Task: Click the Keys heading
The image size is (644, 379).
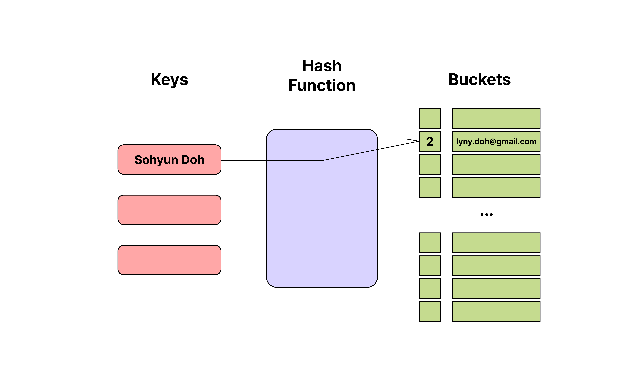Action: click(169, 80)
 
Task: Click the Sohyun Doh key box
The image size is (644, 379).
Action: click(169, 160)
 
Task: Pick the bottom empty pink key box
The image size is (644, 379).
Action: click(169, 260)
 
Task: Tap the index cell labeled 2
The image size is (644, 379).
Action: click(430, 141)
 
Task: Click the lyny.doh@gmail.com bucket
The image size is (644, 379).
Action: click(496, 141)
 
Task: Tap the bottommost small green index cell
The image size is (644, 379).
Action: click(430, 312)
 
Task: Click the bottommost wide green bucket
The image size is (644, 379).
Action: click(496, 312)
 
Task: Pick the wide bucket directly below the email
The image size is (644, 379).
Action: click(496, 164)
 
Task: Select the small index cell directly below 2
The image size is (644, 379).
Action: click(430, 164)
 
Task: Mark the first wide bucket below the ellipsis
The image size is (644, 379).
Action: click(496, 243)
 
